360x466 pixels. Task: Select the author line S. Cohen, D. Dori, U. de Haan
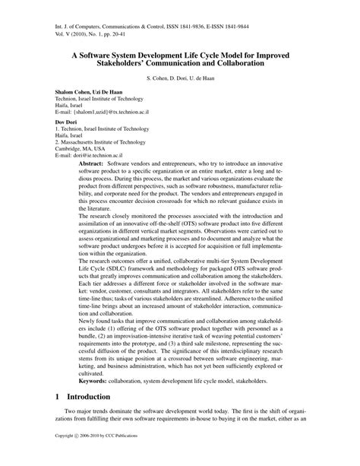(179, 80)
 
